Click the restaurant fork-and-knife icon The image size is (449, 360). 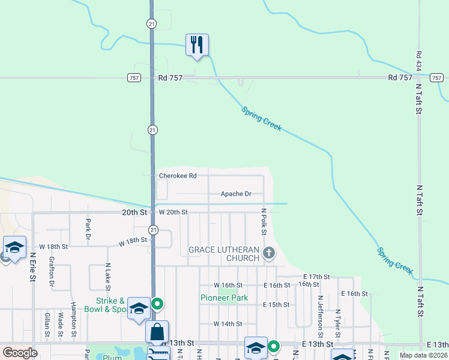pyautogui.click(x=197, y=45)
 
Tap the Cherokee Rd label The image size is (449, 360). pyautogui.click(x=177, y=176)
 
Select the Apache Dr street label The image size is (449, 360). pyautogui.click(x=235, y=194)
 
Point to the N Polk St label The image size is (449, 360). pyautogui.click(x=264, y=222)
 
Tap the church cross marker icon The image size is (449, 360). pyautogui.click(x=269, y=254)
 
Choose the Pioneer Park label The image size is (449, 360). pyautogui.click(x=224, y=298)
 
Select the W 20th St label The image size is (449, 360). pyautogui.click(x=173, y=212)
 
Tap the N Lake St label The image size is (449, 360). pyautogui.click(x=108, y=273)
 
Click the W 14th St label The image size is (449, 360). pyautogui.click(x=228, y=324)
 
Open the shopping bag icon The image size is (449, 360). pyautogui.click(x=157, y=332)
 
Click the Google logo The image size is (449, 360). pyautogui.click(x=20, y=353)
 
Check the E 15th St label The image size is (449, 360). pyautogui.click(x=276, y=305)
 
